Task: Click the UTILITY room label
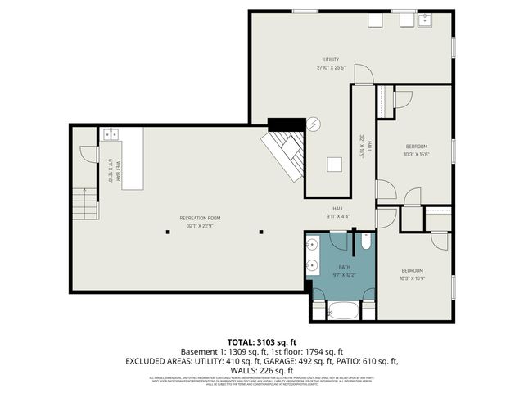(331, 60)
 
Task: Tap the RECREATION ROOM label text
(200, 218)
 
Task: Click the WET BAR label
(118, 169)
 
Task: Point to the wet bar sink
(111, 133)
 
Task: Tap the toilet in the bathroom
(365, 242)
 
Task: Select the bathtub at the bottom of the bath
(343, 312)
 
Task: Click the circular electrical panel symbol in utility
(313, 124)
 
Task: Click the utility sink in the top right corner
(425, 20)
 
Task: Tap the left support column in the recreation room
(167, 232)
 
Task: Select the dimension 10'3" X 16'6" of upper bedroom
(416, 154)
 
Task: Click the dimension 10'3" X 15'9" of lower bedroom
(411, 278)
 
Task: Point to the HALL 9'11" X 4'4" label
(338, 213)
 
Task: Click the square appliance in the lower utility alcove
(333, 164)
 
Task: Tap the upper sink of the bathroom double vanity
(313, 245)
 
